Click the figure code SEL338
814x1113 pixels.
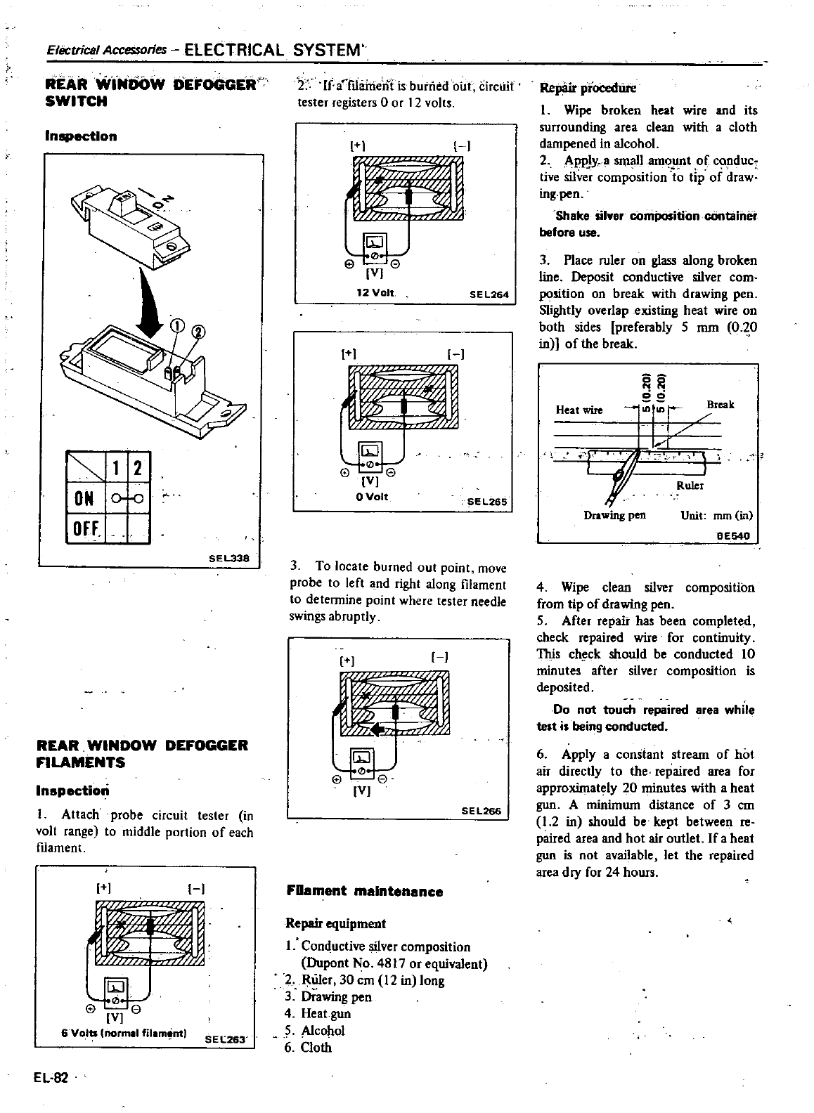tap(229, 558)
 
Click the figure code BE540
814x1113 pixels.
tap(733, 535)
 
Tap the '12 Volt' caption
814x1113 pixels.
tap(376, 292)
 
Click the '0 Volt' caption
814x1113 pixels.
tap(373, 497)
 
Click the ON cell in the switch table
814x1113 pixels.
tap(83, 500)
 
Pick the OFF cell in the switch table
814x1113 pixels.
tap(84, 528)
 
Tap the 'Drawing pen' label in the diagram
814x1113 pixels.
tap(614, 515)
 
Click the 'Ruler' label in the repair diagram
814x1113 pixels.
tap(690, 486)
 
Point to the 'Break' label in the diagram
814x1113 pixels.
tap(720, 405)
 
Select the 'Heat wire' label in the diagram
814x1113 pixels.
tap(579, 410)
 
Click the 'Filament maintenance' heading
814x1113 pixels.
tap(365, 892)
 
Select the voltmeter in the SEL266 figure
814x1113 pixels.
tap(362, 758)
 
